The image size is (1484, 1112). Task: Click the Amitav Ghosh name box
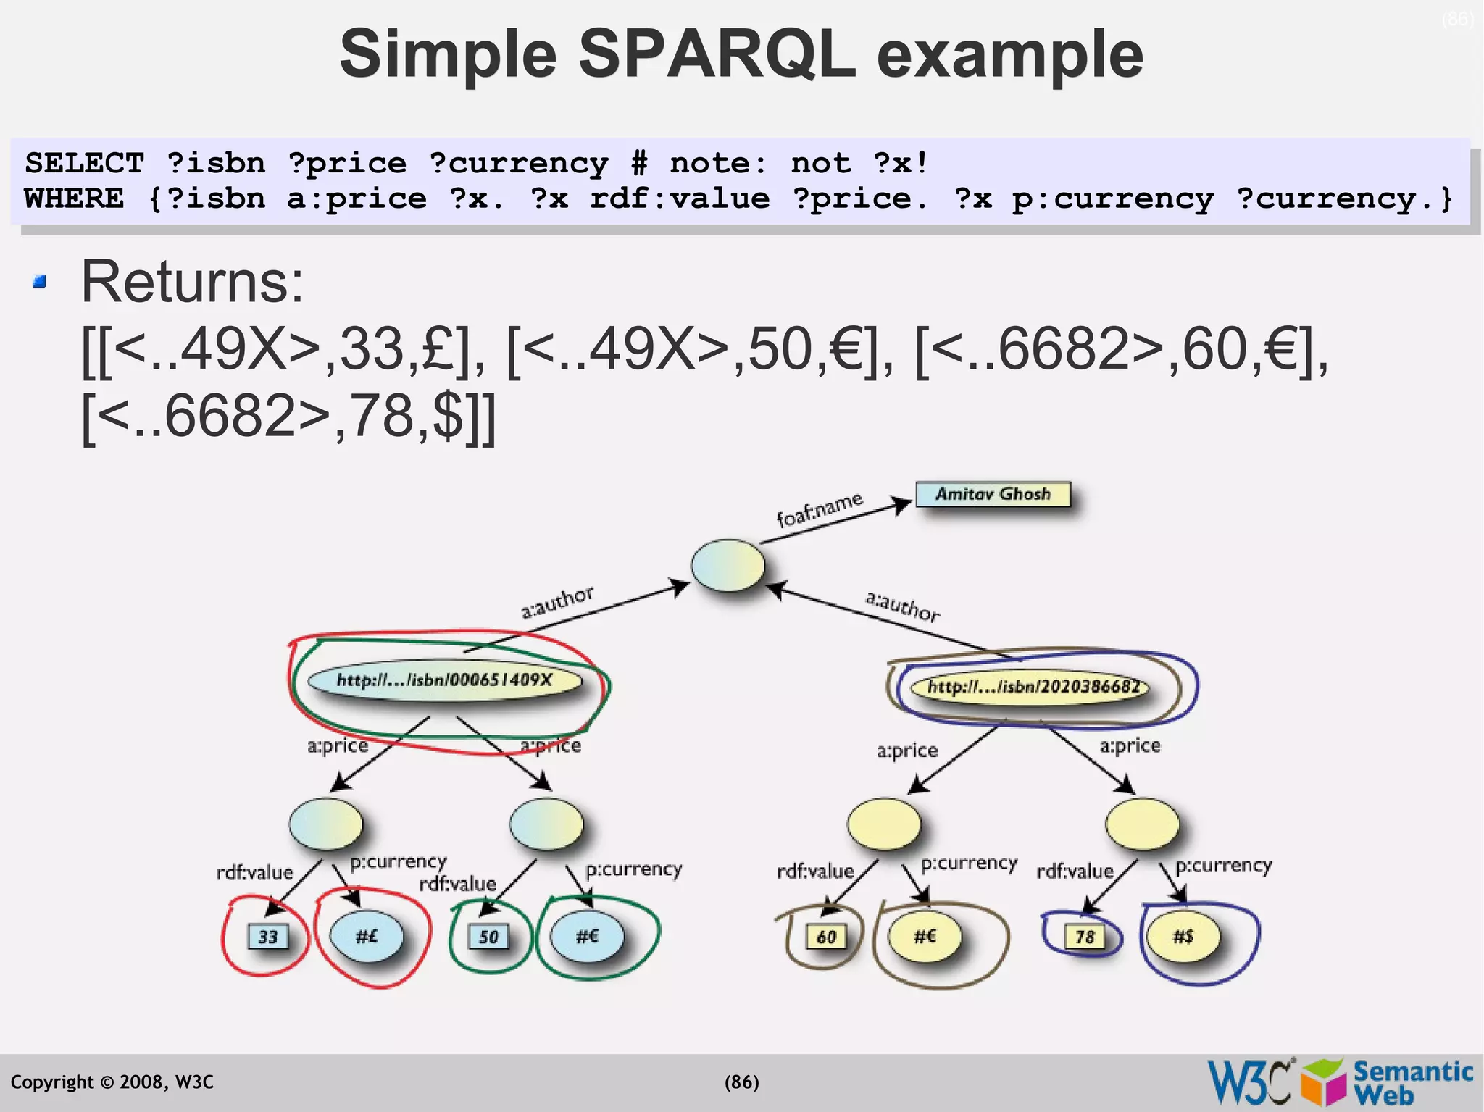993,494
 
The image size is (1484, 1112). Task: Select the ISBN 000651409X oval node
444,680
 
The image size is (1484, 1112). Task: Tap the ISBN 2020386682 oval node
1031,686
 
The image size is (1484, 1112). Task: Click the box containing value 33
268,937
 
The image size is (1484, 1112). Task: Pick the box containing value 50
488,937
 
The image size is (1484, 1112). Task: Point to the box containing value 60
826,937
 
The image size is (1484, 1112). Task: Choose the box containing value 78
1084,937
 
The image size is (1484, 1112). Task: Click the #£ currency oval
367,936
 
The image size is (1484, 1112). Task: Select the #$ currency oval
1183,936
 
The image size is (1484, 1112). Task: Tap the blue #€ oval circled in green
587,936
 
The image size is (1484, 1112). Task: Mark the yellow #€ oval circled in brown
925,936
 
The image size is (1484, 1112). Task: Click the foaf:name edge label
820,509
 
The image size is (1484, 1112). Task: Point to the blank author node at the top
728,565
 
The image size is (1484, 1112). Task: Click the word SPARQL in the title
717,54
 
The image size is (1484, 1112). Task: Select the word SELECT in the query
85,163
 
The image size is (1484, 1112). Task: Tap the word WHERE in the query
74,198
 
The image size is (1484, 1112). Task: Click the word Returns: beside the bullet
192,282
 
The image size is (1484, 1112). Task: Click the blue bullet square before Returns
40,282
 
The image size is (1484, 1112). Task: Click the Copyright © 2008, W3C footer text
112,1082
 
